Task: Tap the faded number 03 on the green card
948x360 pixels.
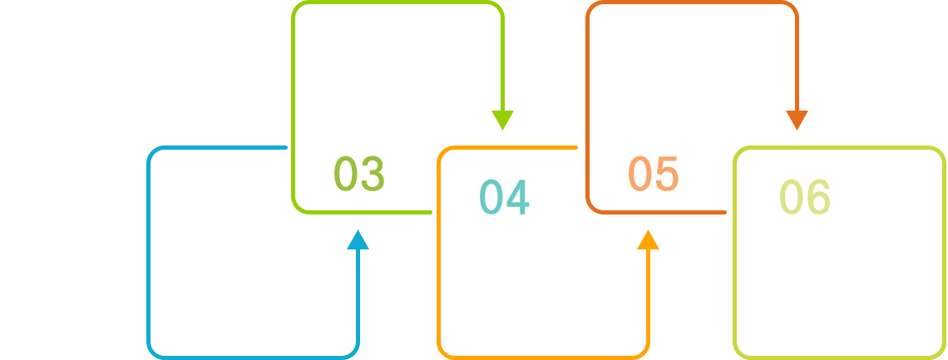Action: pyautogui.click(x=358, y=174)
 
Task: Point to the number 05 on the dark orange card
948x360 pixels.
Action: pyautogui.click(x=654, y=174)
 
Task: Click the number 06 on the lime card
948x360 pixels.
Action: pyautogui.click(x=805, y=197)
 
